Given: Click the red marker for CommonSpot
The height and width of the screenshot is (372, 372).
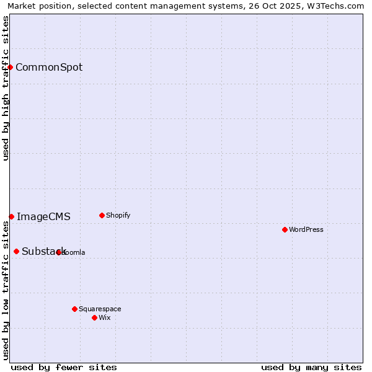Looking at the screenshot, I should coord(11,67).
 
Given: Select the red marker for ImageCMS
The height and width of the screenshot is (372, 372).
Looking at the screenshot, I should coord(11,216).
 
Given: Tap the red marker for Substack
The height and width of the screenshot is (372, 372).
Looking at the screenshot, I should coord(16,251).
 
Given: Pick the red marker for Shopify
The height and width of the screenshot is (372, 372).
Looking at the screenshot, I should coord(102,215).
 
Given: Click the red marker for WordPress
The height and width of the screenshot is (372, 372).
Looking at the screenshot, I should coord(285,229).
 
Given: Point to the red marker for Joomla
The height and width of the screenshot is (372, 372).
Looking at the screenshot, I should coord(58,252).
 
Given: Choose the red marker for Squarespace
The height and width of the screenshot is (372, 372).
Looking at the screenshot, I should coord(74,309).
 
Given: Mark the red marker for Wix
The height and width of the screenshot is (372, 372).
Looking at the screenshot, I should coord(94,317).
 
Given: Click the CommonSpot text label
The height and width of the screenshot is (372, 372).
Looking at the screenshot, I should coord(49,68).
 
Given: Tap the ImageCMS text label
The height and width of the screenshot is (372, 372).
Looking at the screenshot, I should coord(43,217).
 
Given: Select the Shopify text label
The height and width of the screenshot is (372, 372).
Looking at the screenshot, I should coord(118,216).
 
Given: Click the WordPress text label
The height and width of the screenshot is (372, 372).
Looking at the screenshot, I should coord(306,230).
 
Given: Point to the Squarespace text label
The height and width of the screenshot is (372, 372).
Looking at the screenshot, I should coord(100,309).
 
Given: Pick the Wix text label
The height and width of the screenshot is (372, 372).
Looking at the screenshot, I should coord(104,318).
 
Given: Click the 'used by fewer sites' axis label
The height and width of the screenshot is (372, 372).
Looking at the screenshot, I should coord(64,367).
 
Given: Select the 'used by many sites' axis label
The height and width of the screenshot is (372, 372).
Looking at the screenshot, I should coord(311,367).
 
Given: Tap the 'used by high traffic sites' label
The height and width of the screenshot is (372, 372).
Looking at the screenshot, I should coord(6,89).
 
